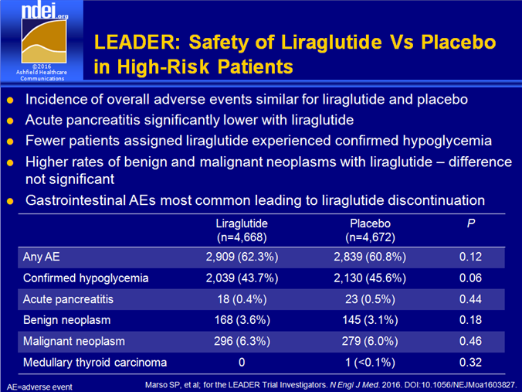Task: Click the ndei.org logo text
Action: pyautogui.click(x=45, y=11)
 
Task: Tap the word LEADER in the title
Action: pyautogui.click(x=137, y=43)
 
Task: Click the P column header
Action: pyautogui.click(x=471, y=223)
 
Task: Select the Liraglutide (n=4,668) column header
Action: pyautogui.click(x=242, y=230)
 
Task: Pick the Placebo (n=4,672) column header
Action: pyautogui.click(x=370, y=230)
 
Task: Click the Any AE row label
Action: pyautogui.click(x=41, y=257)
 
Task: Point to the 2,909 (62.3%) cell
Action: pyautogui.click(x=242, y=257)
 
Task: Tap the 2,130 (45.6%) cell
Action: pyautogui.click(x=370, y=278)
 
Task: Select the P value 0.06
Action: pyautogui.click(x=470, y=278)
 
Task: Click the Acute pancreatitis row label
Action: pyautogui.click(x=68, y=299)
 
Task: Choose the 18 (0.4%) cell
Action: pyautogui.click(x=242, y=299)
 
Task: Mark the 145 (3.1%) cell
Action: pyautogui.click(x=370, y=320)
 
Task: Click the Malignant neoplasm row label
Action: pyautogui.click(x=74, y=341)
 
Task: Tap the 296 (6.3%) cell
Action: pyautogui.click(x=242, y=341)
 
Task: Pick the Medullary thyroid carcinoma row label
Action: pyautogui.click(x=95, y=363)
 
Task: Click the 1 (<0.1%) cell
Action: pyautogui.click(x=370, y=363)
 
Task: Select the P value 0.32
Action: pyautogui.click(x=470, y=363)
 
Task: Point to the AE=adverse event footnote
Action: pyautogui.click(x=39, y=387)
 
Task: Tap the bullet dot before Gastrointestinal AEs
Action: pyautogui.click(x=10, y=201)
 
